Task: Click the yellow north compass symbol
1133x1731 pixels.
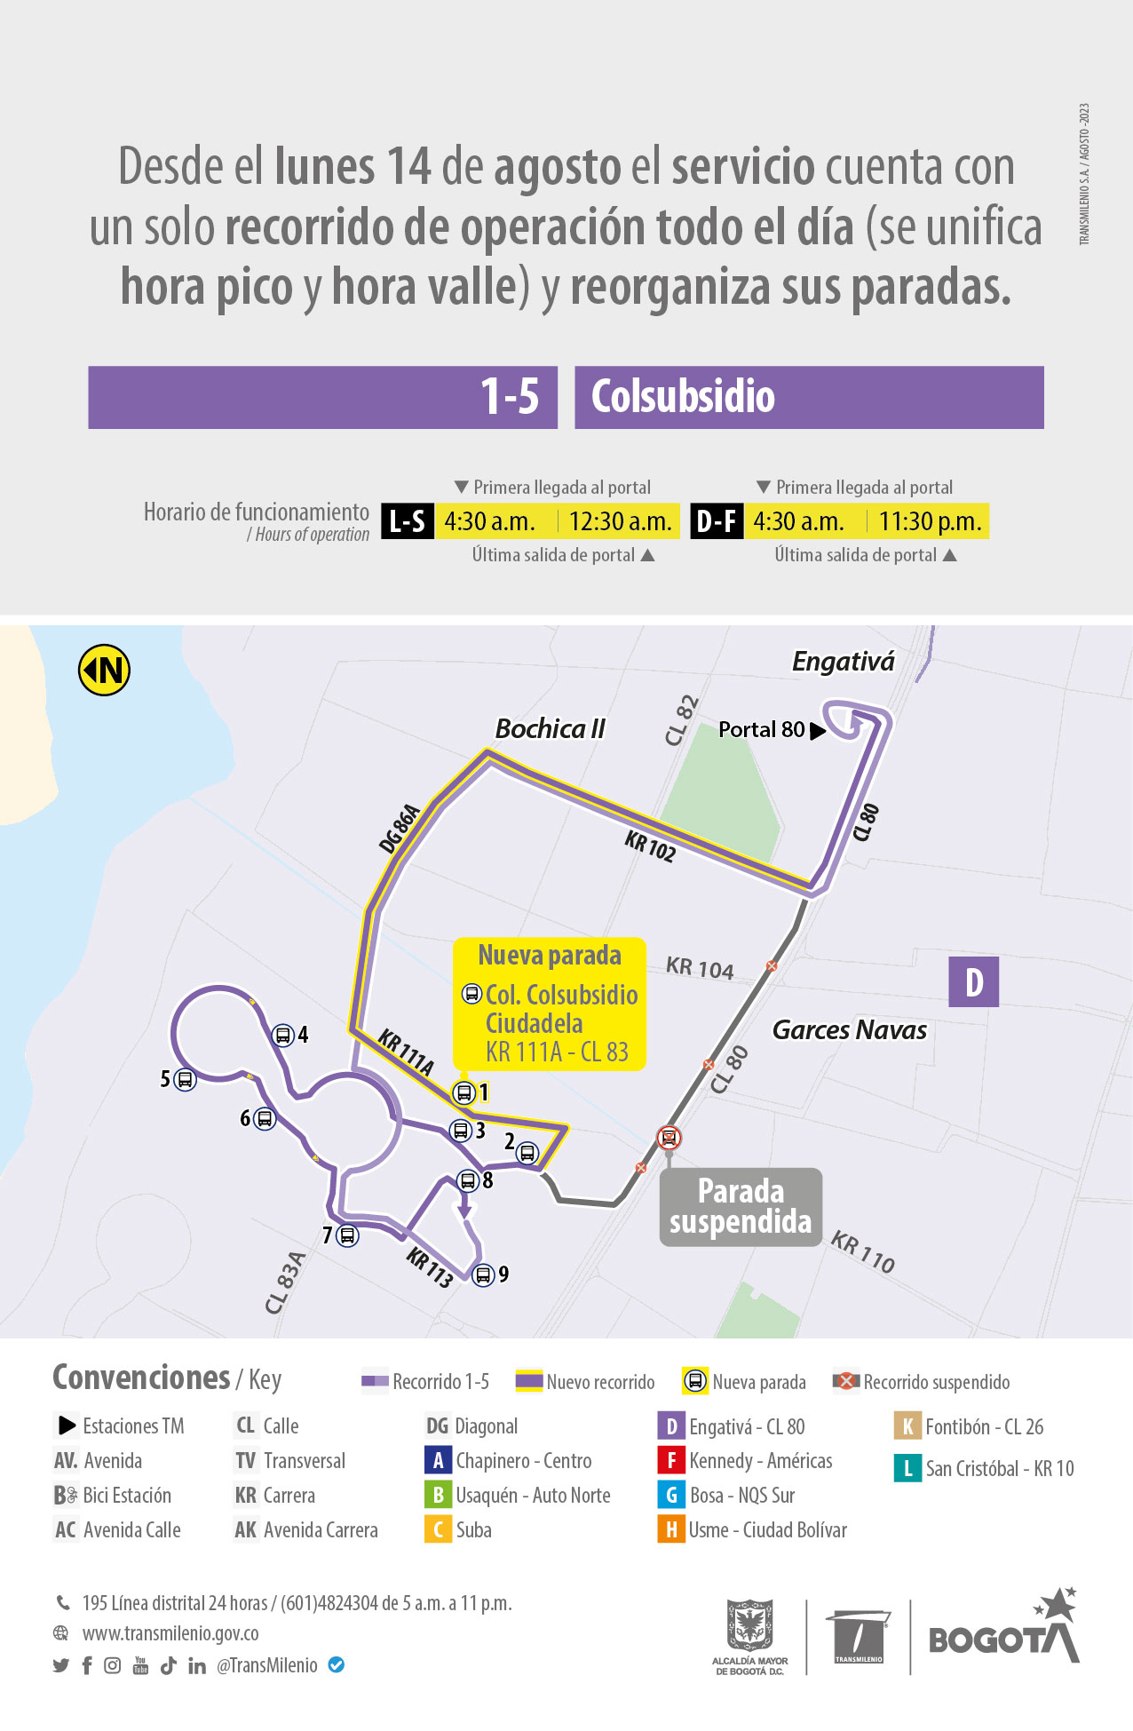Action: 105,670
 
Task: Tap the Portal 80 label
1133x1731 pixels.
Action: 761,729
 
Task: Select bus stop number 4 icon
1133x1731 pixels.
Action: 282,1035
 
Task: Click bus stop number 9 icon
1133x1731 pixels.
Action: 482,1275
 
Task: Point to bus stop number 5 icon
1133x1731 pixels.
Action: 185,1079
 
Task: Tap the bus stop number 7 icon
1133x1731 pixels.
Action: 348,1235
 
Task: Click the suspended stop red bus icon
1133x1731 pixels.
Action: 669,1138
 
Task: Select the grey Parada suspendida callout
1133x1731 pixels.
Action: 741,1207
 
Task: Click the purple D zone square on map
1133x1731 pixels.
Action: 973,981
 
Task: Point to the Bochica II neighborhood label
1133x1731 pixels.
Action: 550,729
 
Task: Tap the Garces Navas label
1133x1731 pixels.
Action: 849,1030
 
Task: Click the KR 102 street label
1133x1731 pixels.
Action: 650,846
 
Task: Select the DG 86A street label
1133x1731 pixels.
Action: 399,828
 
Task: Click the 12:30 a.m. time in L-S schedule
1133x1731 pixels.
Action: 620,521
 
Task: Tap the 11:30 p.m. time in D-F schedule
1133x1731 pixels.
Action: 930,521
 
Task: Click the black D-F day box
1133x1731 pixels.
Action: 716,521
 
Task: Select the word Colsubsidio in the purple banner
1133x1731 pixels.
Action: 683,397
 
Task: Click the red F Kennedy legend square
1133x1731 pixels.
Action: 670,1461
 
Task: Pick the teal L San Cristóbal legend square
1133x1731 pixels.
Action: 907,1468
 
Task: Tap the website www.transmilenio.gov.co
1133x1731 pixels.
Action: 170,1633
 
